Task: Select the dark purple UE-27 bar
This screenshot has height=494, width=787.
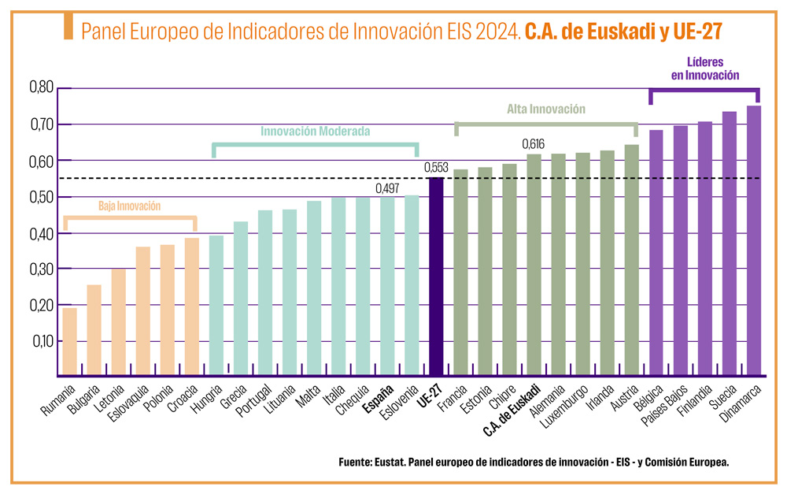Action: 436,276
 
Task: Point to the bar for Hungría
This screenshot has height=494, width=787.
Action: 216,304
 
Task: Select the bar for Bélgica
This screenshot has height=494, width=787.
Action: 656,252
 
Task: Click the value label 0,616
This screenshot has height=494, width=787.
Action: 534,144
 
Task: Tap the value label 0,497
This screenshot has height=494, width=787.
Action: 387,188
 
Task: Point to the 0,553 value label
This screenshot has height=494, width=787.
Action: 436,168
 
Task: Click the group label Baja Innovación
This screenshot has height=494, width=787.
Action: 129,206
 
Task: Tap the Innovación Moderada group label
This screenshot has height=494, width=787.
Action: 315,132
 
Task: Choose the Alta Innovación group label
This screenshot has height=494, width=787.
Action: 546,110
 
